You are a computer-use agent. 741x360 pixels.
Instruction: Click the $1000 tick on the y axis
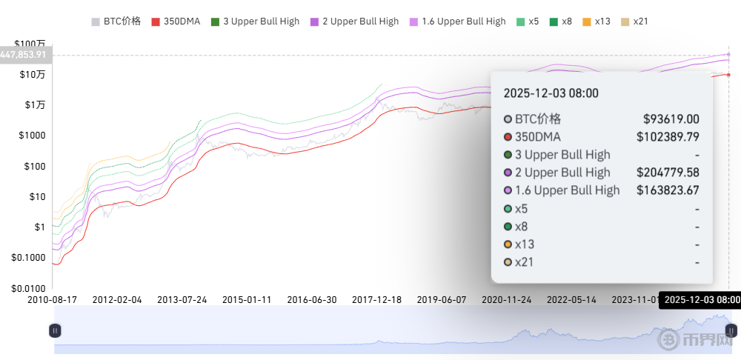tap(33, 136)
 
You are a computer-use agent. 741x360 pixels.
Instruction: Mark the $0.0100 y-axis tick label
tap(27, 288)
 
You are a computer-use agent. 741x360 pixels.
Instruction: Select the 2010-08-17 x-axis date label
tap(53, 300)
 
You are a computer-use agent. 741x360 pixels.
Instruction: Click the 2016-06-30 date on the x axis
tap(312, 300)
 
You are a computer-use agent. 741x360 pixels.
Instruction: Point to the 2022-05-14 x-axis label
tap(572, 300)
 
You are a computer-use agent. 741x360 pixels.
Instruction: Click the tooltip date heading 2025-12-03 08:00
tap(551, 93)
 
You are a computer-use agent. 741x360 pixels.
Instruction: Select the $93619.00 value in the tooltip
tap(671, 119)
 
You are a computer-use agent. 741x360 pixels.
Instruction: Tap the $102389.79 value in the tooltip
tap(668, 137)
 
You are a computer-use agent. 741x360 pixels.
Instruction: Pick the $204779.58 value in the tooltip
tap(668, 173)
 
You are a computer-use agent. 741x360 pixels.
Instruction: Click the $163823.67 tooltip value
tap(668, 190)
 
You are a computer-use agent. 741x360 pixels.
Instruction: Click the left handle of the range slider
tap(55, 330)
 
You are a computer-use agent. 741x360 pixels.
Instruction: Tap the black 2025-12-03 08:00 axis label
tap(700, 300)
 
